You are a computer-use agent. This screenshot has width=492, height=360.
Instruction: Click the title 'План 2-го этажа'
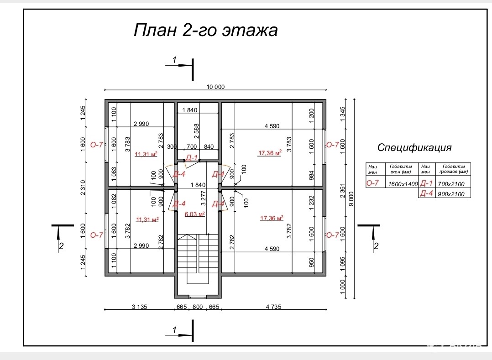[205, 31]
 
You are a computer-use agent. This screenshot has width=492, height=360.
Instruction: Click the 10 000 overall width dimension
[216, 87]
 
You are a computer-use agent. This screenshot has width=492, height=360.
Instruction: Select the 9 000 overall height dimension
[351, 198]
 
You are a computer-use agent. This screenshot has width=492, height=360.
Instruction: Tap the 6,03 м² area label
[194, 214]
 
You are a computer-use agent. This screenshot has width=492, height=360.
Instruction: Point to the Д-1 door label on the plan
[192, 158]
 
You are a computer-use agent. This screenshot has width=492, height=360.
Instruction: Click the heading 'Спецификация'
[414, 147]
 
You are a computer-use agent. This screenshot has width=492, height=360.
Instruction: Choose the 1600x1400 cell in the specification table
[403, 184]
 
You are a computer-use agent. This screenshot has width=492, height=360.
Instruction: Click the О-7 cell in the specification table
[372, 183]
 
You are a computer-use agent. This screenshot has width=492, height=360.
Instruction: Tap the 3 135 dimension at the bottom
[139, 306]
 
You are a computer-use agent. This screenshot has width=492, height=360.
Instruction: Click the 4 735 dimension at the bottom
[273, 306]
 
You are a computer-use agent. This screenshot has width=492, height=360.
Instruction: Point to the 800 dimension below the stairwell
[198, 306]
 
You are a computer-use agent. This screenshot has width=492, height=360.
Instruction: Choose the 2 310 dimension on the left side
[83, 187]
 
